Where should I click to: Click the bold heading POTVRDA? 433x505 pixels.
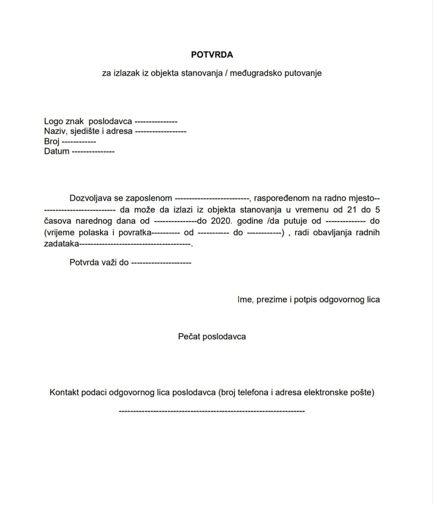(x=212, y=54)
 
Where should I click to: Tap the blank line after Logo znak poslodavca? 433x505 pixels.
(x=156, y=121)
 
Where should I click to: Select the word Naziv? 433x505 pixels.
(x=55, y=131)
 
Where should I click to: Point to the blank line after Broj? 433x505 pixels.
(x=79, y=142)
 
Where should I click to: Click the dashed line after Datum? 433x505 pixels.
(x=93, y=151)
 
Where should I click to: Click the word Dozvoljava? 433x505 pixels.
(x=90, y=197)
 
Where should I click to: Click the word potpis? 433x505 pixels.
(x=304, y=300)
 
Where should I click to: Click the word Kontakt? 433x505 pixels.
(x=66, y=392)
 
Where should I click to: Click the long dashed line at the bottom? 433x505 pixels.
(x=212, y=412)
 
